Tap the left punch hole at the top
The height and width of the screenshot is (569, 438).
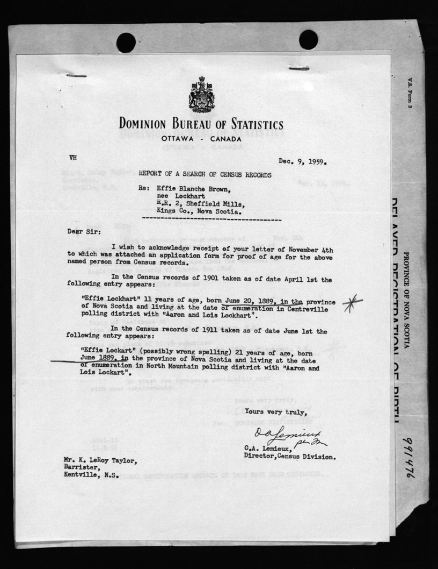click(x=126, y=42)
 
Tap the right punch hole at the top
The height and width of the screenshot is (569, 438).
click(x=308, y=39)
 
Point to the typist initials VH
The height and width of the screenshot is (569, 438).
click(x=74, y=158)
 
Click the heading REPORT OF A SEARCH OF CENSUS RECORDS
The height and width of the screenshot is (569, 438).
click(x=205, y=175)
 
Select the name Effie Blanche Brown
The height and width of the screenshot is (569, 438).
click(x=195, y=189)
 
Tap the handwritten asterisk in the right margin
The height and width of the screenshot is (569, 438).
click(x=352, y=302)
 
